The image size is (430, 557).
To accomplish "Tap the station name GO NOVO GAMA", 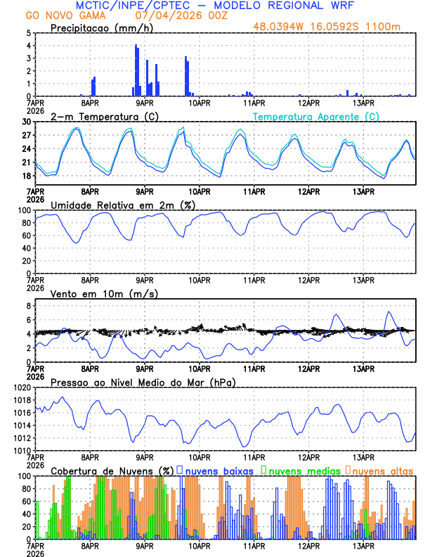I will (x=56, y=15).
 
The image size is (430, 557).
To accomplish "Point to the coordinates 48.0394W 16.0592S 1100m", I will (x=337, y=27).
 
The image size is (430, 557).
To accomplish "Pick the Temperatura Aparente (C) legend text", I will (x=315, y=116).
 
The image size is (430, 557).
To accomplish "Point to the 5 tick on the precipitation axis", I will (x=27, y=33).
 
